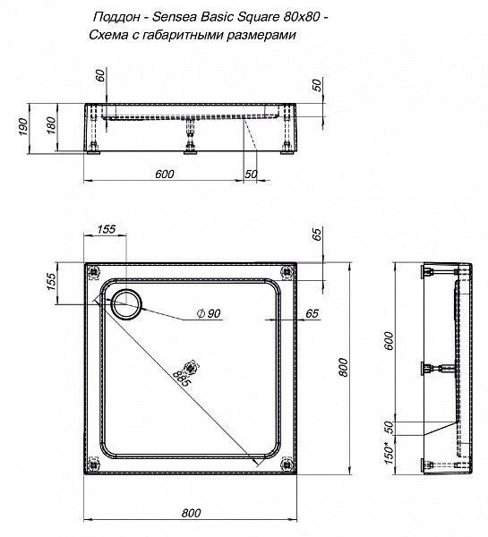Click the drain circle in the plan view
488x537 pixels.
tap(125, 303)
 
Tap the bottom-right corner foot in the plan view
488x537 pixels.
tap(286, 463)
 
